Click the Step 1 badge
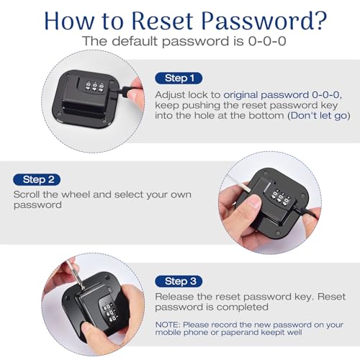[179, 78]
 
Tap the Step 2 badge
[37, 180]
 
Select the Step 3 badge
[179, 282]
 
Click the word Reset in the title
[162, 21]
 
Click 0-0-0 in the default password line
[267, 41]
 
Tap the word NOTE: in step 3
[168, 325]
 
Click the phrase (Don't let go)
[319, 116]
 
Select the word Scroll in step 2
[27, 194]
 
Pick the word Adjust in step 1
[170, 95]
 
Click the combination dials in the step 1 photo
[94, 86]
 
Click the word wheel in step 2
[76, 194]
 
